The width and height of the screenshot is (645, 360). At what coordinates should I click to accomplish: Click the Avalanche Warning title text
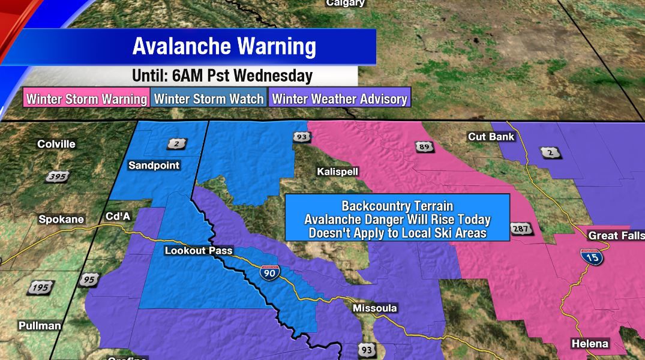click(x=224, y=46)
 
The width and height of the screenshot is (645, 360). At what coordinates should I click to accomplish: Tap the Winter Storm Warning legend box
click(x=87, y=99)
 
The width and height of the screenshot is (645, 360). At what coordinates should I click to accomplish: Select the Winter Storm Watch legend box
click(x=209, y=99)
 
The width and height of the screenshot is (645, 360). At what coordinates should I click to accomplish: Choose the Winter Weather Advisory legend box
click(x=340, y=99)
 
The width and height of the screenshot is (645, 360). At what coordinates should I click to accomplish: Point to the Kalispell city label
click(x=337, y=172)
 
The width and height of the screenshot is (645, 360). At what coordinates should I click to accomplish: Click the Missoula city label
click(x=374, y=308)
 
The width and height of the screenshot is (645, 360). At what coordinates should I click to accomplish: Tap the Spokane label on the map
click(x=61, y=220)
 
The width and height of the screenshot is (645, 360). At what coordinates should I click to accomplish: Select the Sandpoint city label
click(x=154, y=165)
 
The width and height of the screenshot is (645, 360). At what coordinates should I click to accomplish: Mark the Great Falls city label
click(x=616, y=235)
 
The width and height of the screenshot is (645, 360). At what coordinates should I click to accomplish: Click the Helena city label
click(x=590, y=344)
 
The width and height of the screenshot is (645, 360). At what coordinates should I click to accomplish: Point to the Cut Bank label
click(x=491, y=137)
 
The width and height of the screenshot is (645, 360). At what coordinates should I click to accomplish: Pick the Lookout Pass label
click(x=198, y=251)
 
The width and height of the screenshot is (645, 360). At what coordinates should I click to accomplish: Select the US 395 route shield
click(x=58, y=176)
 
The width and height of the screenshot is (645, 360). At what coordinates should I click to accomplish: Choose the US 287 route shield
click(x=520, y=229)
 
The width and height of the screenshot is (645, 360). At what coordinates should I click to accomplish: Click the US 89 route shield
click(x=422, y=146)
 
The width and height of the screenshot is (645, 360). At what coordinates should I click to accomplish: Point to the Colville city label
click(x=56, y=144)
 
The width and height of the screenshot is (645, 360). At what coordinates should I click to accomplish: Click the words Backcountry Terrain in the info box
click(x=397, y=205)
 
